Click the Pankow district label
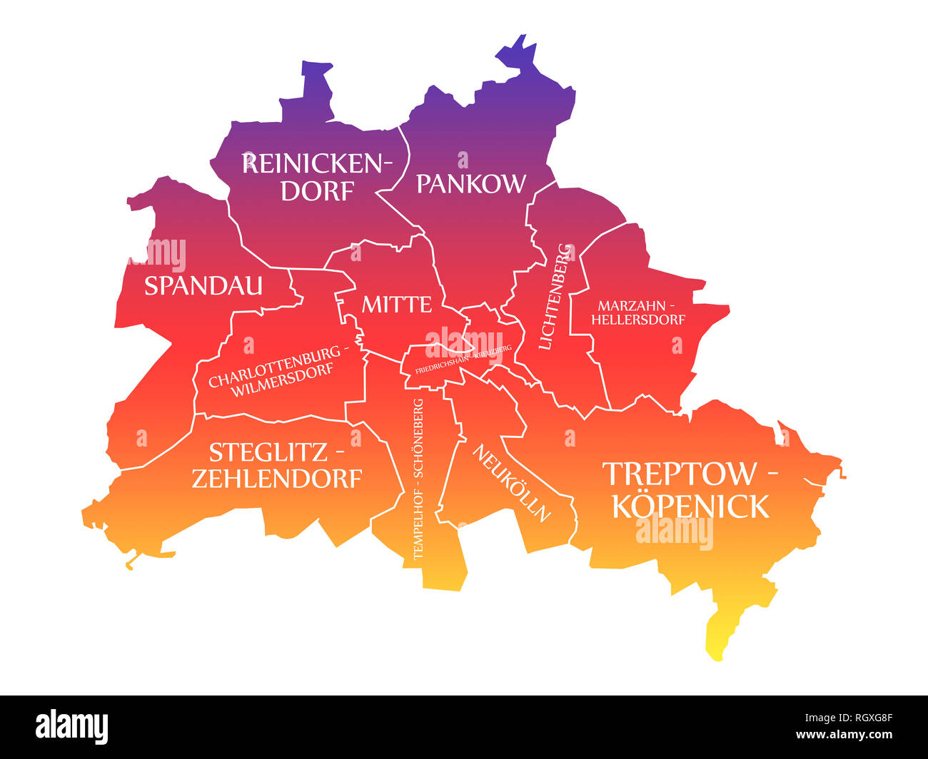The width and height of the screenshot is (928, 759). tap(470, 184)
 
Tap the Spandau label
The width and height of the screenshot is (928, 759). tap(203, 286)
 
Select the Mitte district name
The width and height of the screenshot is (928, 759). tap(396, 305)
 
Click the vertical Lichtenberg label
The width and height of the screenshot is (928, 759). tap(556, 297)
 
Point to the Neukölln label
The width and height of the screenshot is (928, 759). tap(512, 483)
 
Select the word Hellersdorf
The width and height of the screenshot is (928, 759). tap(637, 320)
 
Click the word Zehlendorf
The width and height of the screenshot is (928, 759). tap(277, 479)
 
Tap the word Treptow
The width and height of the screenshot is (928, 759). tap(679, 474)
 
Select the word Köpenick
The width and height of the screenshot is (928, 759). tap(690, 506)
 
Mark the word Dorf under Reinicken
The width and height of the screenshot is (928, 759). tap(317, 191)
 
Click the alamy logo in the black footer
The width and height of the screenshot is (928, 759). tap(72, 727)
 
